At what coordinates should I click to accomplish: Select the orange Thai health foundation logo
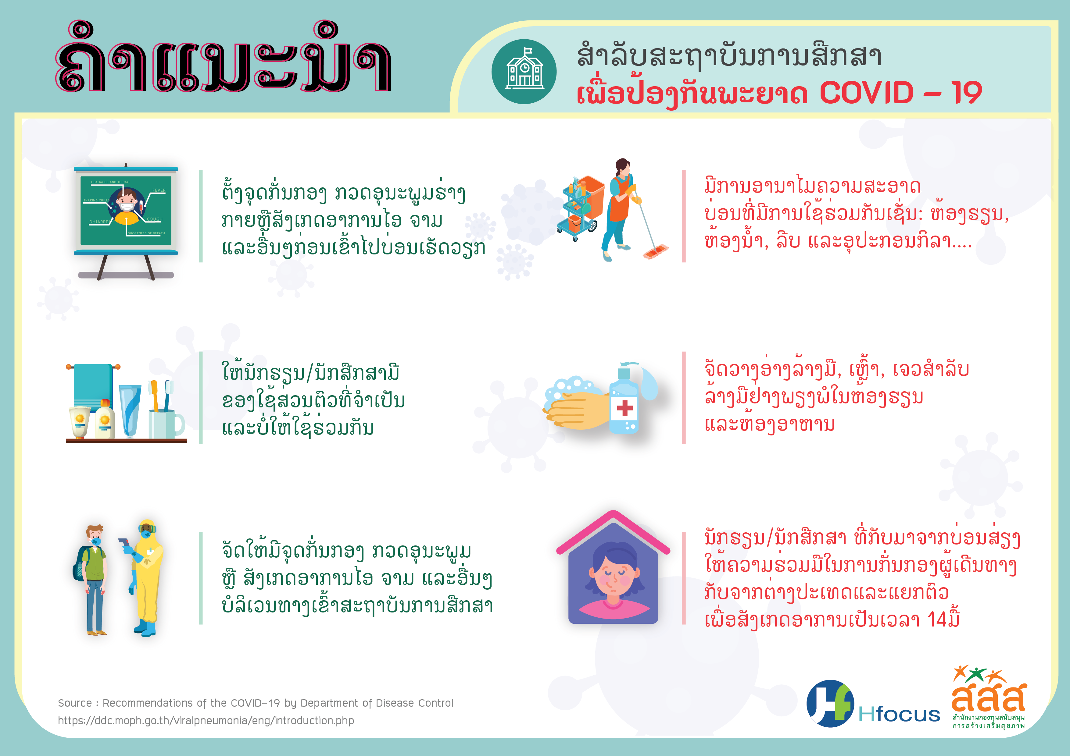[x=988, y=696]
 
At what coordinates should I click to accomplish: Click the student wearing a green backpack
[x=93, y=580]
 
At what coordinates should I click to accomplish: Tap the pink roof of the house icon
[x=613, y=531]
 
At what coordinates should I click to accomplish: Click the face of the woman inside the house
[x=613, y=576]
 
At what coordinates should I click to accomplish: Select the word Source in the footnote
[x=75, y=703]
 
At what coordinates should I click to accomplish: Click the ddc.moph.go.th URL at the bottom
[x=206, y=721]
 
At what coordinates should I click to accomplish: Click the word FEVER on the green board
[x=159, y=190]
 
